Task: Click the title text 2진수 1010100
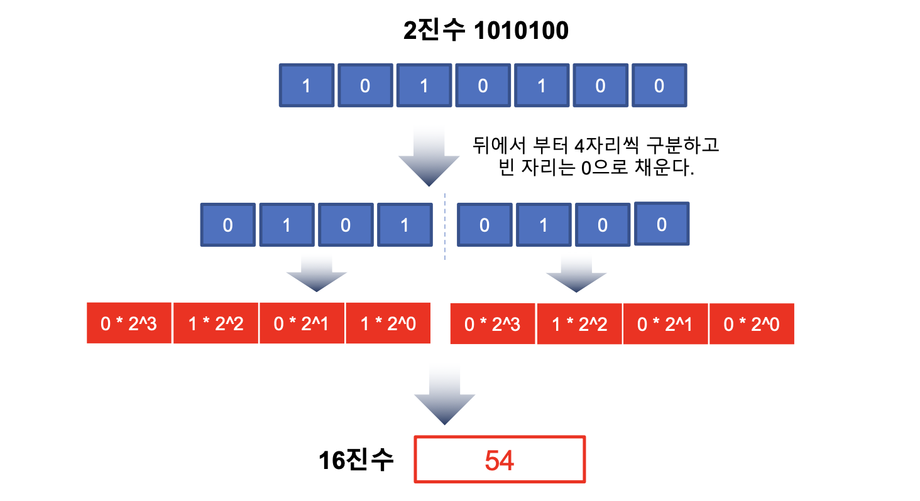485,30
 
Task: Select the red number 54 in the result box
500,461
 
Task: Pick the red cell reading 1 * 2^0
388,324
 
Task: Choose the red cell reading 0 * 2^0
752,324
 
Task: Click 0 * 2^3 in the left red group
129,324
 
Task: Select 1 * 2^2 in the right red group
579,324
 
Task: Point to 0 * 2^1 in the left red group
302,324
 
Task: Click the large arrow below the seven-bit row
429,157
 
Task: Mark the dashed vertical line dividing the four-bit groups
445,226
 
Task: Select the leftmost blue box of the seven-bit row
306,85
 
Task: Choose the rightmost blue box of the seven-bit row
659,85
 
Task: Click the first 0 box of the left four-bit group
227,225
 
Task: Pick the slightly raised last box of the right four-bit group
662,223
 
